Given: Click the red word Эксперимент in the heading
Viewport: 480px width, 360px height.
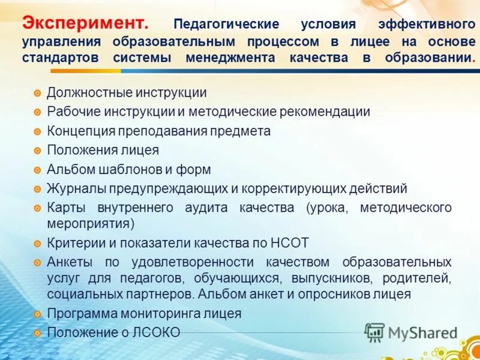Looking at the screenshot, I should (x=85, y=23).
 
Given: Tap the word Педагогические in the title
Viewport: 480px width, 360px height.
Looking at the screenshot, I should (x=226, y=25).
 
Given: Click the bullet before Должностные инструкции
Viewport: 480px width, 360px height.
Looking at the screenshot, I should (x=37, y=94).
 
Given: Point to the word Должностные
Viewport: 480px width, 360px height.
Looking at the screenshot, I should (x=82, y=93).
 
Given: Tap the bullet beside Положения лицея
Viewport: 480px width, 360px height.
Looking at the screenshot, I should (x=37, y=151).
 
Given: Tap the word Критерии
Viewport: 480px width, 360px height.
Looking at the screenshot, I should (x=75, y=243).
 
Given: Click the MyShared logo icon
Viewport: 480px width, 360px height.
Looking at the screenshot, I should (x=375, y=332).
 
